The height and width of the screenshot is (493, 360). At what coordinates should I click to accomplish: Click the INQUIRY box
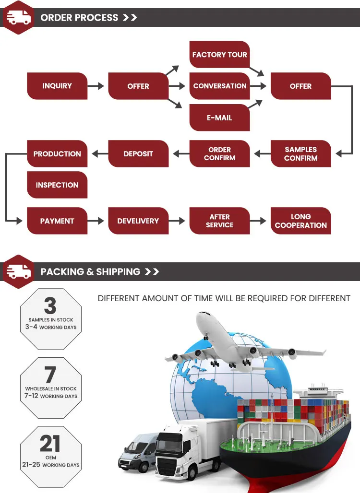tap(57, 86)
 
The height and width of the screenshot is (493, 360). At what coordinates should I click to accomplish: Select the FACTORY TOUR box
tap(220, 54)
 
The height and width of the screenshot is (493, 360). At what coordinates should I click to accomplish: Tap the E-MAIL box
tap(220, 117)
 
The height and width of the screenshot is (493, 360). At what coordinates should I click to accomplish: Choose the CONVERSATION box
tap(220, 86)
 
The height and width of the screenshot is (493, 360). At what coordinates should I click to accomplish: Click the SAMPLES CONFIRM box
tap(301, 153)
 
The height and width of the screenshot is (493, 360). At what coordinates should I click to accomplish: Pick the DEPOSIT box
tap(138, 153)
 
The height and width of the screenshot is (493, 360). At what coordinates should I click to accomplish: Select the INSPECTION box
tap(57, 185)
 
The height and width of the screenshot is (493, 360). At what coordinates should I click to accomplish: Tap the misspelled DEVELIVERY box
tap(138, 221)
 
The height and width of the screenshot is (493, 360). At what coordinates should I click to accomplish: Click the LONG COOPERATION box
tap(301, 221)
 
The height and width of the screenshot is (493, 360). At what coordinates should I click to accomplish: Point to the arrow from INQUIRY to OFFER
tap(96, 86)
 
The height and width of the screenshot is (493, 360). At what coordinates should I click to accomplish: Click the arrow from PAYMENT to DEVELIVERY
tap(96, 221)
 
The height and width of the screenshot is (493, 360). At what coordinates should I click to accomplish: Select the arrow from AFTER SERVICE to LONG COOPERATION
tap(258, 221)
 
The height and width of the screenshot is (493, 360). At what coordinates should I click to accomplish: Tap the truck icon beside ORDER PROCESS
tap(19, 17)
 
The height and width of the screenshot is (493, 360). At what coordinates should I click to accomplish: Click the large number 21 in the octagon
tap(50, 443)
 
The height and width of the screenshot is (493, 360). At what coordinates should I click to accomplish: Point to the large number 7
tap(50, 375)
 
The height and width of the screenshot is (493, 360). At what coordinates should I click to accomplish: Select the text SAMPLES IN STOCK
tap(51, 320)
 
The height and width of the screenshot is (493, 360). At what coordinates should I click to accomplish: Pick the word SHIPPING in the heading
tap(118, 271)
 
